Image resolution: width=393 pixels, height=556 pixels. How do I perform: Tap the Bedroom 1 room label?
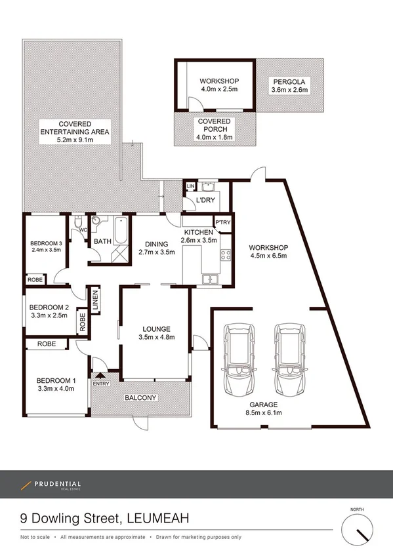click(56, 380)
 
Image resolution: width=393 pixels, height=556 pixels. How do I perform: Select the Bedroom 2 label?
click(49, 307)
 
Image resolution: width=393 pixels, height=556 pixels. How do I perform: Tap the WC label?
click(83, 230)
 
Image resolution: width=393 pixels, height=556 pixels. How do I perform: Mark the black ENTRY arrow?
click(100, 376)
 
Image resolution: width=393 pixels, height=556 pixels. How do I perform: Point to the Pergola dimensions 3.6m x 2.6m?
click(289, 91)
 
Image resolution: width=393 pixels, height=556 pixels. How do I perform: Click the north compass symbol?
click(358, 528)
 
